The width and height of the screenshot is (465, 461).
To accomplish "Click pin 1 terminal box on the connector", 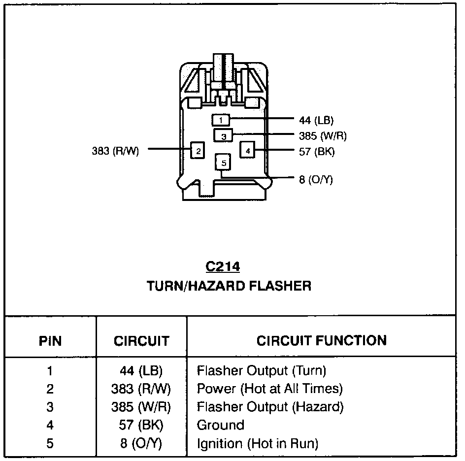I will (221, 120).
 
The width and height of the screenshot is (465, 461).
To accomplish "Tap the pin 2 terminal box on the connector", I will (198, 151).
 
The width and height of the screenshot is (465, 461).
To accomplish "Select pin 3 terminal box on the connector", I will (223, 135).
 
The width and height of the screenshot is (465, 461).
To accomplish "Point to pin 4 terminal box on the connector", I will (247, 150).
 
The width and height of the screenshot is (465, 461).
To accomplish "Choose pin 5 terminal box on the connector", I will (223, 162).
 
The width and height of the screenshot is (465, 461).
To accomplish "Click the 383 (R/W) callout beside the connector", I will (115, 151).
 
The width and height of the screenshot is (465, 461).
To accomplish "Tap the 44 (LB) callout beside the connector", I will (316, 120).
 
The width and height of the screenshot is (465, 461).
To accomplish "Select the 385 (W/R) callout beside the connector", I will (319, 136).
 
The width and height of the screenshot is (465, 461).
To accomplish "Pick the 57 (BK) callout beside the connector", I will (316, 152).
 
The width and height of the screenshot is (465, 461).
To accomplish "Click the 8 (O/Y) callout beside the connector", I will (316, 179).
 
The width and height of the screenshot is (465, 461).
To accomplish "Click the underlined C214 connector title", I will (223, 267).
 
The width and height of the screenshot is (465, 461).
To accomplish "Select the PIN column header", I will (50, 341).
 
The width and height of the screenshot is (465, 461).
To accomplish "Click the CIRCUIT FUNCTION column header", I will (322, 340).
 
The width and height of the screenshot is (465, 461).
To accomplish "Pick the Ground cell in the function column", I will (220, 425).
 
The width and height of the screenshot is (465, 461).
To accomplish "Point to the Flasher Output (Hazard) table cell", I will (270, 407).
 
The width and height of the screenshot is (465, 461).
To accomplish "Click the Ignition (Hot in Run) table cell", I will (257, 443).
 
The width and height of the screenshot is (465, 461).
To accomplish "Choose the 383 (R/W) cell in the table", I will (141, 389).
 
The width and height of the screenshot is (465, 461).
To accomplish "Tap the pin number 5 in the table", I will (50, 443).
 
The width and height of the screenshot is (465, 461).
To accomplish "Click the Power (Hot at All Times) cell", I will (269, 389).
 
